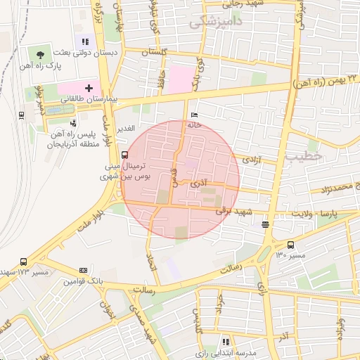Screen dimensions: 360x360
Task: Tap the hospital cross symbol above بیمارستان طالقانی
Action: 89,88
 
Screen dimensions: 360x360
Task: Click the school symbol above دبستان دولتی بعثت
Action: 86,42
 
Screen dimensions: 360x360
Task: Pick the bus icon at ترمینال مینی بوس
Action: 124,155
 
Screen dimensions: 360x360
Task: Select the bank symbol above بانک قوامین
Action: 84,270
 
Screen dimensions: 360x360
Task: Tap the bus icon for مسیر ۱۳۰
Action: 289,245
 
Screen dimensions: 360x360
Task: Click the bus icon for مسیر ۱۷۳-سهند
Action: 24,262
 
